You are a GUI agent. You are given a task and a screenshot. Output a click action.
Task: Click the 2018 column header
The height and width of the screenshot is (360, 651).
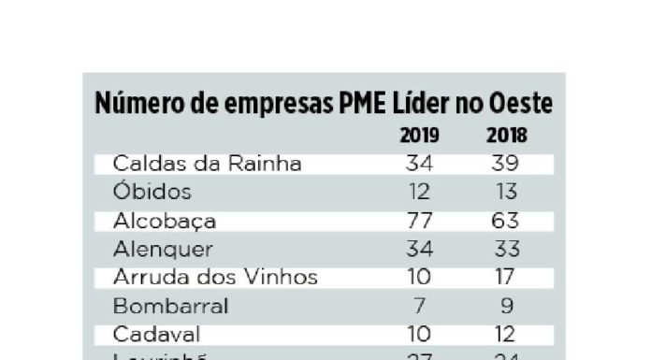(507, 137)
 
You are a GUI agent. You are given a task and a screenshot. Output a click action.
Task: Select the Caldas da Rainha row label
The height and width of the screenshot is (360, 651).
(207, 164)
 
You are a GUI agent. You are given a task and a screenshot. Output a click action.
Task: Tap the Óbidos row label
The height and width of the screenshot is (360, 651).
(152, 193)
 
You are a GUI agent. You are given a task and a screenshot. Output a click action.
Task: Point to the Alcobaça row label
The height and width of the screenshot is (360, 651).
(165, 222)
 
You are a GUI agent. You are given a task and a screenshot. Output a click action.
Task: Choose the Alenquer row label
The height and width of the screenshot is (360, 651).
(163, 250)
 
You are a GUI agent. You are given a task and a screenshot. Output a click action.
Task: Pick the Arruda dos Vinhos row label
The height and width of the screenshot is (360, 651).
(215, 278)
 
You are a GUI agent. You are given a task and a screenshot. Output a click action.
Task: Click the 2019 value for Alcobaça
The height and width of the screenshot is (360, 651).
(418, 222)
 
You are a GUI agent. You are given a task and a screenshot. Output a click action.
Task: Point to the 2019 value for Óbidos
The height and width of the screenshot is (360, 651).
(418, 193)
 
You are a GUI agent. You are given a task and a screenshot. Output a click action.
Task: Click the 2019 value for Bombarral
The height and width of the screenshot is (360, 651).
(419, 306)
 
